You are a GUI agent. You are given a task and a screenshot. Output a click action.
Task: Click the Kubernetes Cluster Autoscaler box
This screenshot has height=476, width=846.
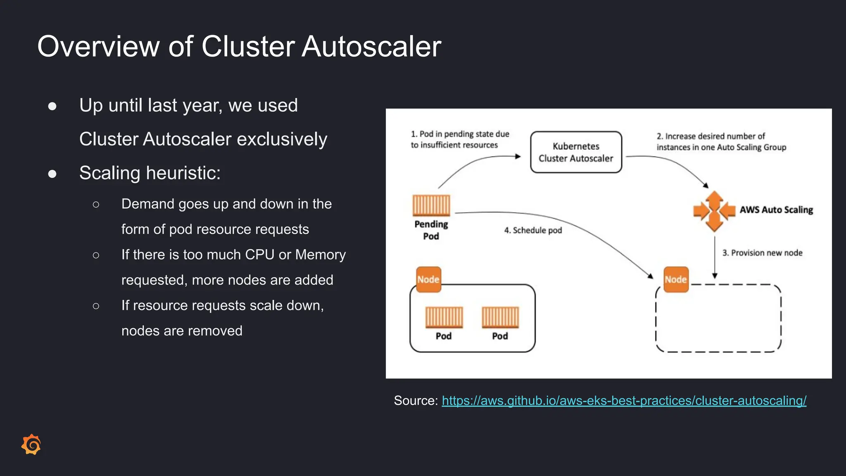(576, 152)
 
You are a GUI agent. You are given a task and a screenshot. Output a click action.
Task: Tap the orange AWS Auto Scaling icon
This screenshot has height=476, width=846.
(714, 211)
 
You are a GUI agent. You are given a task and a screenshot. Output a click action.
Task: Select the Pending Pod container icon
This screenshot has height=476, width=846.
(431, 205)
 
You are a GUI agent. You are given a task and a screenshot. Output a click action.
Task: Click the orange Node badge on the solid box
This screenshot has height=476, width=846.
(428, 279)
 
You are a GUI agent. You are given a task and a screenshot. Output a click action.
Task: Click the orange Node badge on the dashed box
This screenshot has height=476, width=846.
(676, 279)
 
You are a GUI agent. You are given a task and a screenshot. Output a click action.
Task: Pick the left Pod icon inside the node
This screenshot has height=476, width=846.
(444, 317)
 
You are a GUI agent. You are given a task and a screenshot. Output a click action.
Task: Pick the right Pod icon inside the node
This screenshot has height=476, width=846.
(500, 317)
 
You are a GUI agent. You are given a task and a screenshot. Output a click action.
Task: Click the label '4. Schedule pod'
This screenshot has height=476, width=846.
(533, 231)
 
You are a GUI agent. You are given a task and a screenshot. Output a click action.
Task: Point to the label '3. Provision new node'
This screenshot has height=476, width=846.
(762, 253)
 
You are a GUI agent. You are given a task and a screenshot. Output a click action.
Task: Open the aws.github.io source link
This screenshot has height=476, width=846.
(624, 400)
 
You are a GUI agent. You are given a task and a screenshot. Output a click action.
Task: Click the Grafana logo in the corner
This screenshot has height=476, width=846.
(31, 445)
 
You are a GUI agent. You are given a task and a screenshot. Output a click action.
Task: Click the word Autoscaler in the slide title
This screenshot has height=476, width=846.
(371, 46)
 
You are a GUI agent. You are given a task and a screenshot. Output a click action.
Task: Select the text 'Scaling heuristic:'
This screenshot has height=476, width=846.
(150, 173)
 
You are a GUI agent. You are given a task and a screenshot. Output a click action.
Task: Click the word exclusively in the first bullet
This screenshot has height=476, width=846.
(282, 139)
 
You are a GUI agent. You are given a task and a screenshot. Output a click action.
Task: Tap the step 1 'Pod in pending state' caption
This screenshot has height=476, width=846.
(460, 140)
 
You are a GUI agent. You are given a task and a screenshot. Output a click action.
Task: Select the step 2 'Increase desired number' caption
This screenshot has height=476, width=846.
(721, 142)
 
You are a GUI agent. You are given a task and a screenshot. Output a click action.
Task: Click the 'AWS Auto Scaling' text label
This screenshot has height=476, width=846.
(776, 210)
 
